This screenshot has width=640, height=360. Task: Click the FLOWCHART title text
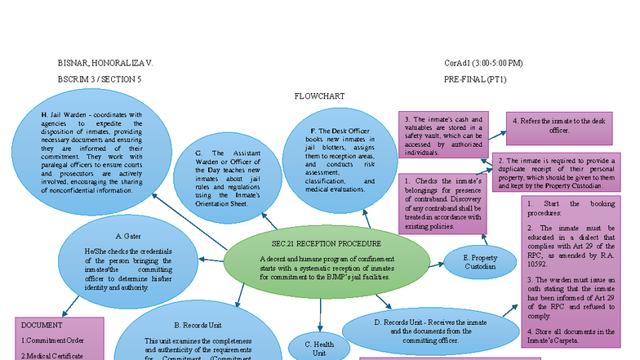pos(319,96)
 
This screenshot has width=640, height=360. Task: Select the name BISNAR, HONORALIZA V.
pos(104,63)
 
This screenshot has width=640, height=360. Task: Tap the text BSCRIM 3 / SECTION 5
pos(100,79)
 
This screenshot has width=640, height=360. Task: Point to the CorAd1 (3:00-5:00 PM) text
pos(483,63)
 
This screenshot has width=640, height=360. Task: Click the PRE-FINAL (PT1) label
pos(475,79)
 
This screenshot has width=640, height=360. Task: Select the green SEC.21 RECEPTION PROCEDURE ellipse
pos(326,260)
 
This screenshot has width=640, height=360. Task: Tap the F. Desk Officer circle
pos(338,160)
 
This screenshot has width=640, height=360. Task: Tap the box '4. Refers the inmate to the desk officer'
pos(559,126)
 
